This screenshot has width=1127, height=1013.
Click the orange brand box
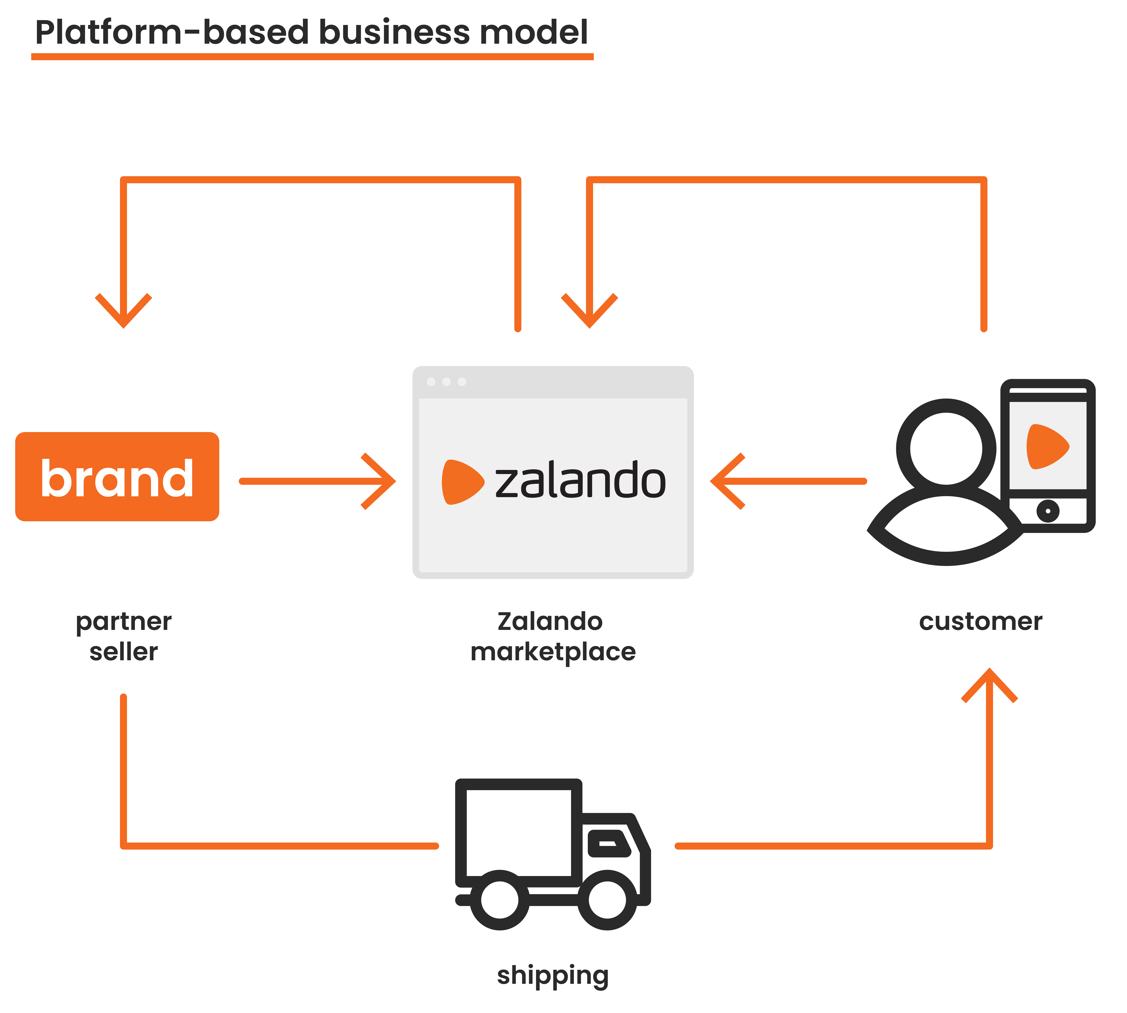coord(117,476)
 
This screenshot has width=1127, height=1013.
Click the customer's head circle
coord(946,449)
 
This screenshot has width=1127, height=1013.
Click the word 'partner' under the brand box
coord(123,622)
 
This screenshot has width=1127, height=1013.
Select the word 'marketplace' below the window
coord(553,652)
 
